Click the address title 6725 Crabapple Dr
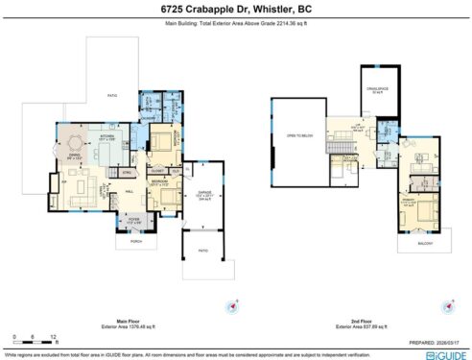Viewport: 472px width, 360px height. tap(236, 8)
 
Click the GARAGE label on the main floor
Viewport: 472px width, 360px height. tap(202, 196)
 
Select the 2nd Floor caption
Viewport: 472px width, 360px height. tap(360, 321)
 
